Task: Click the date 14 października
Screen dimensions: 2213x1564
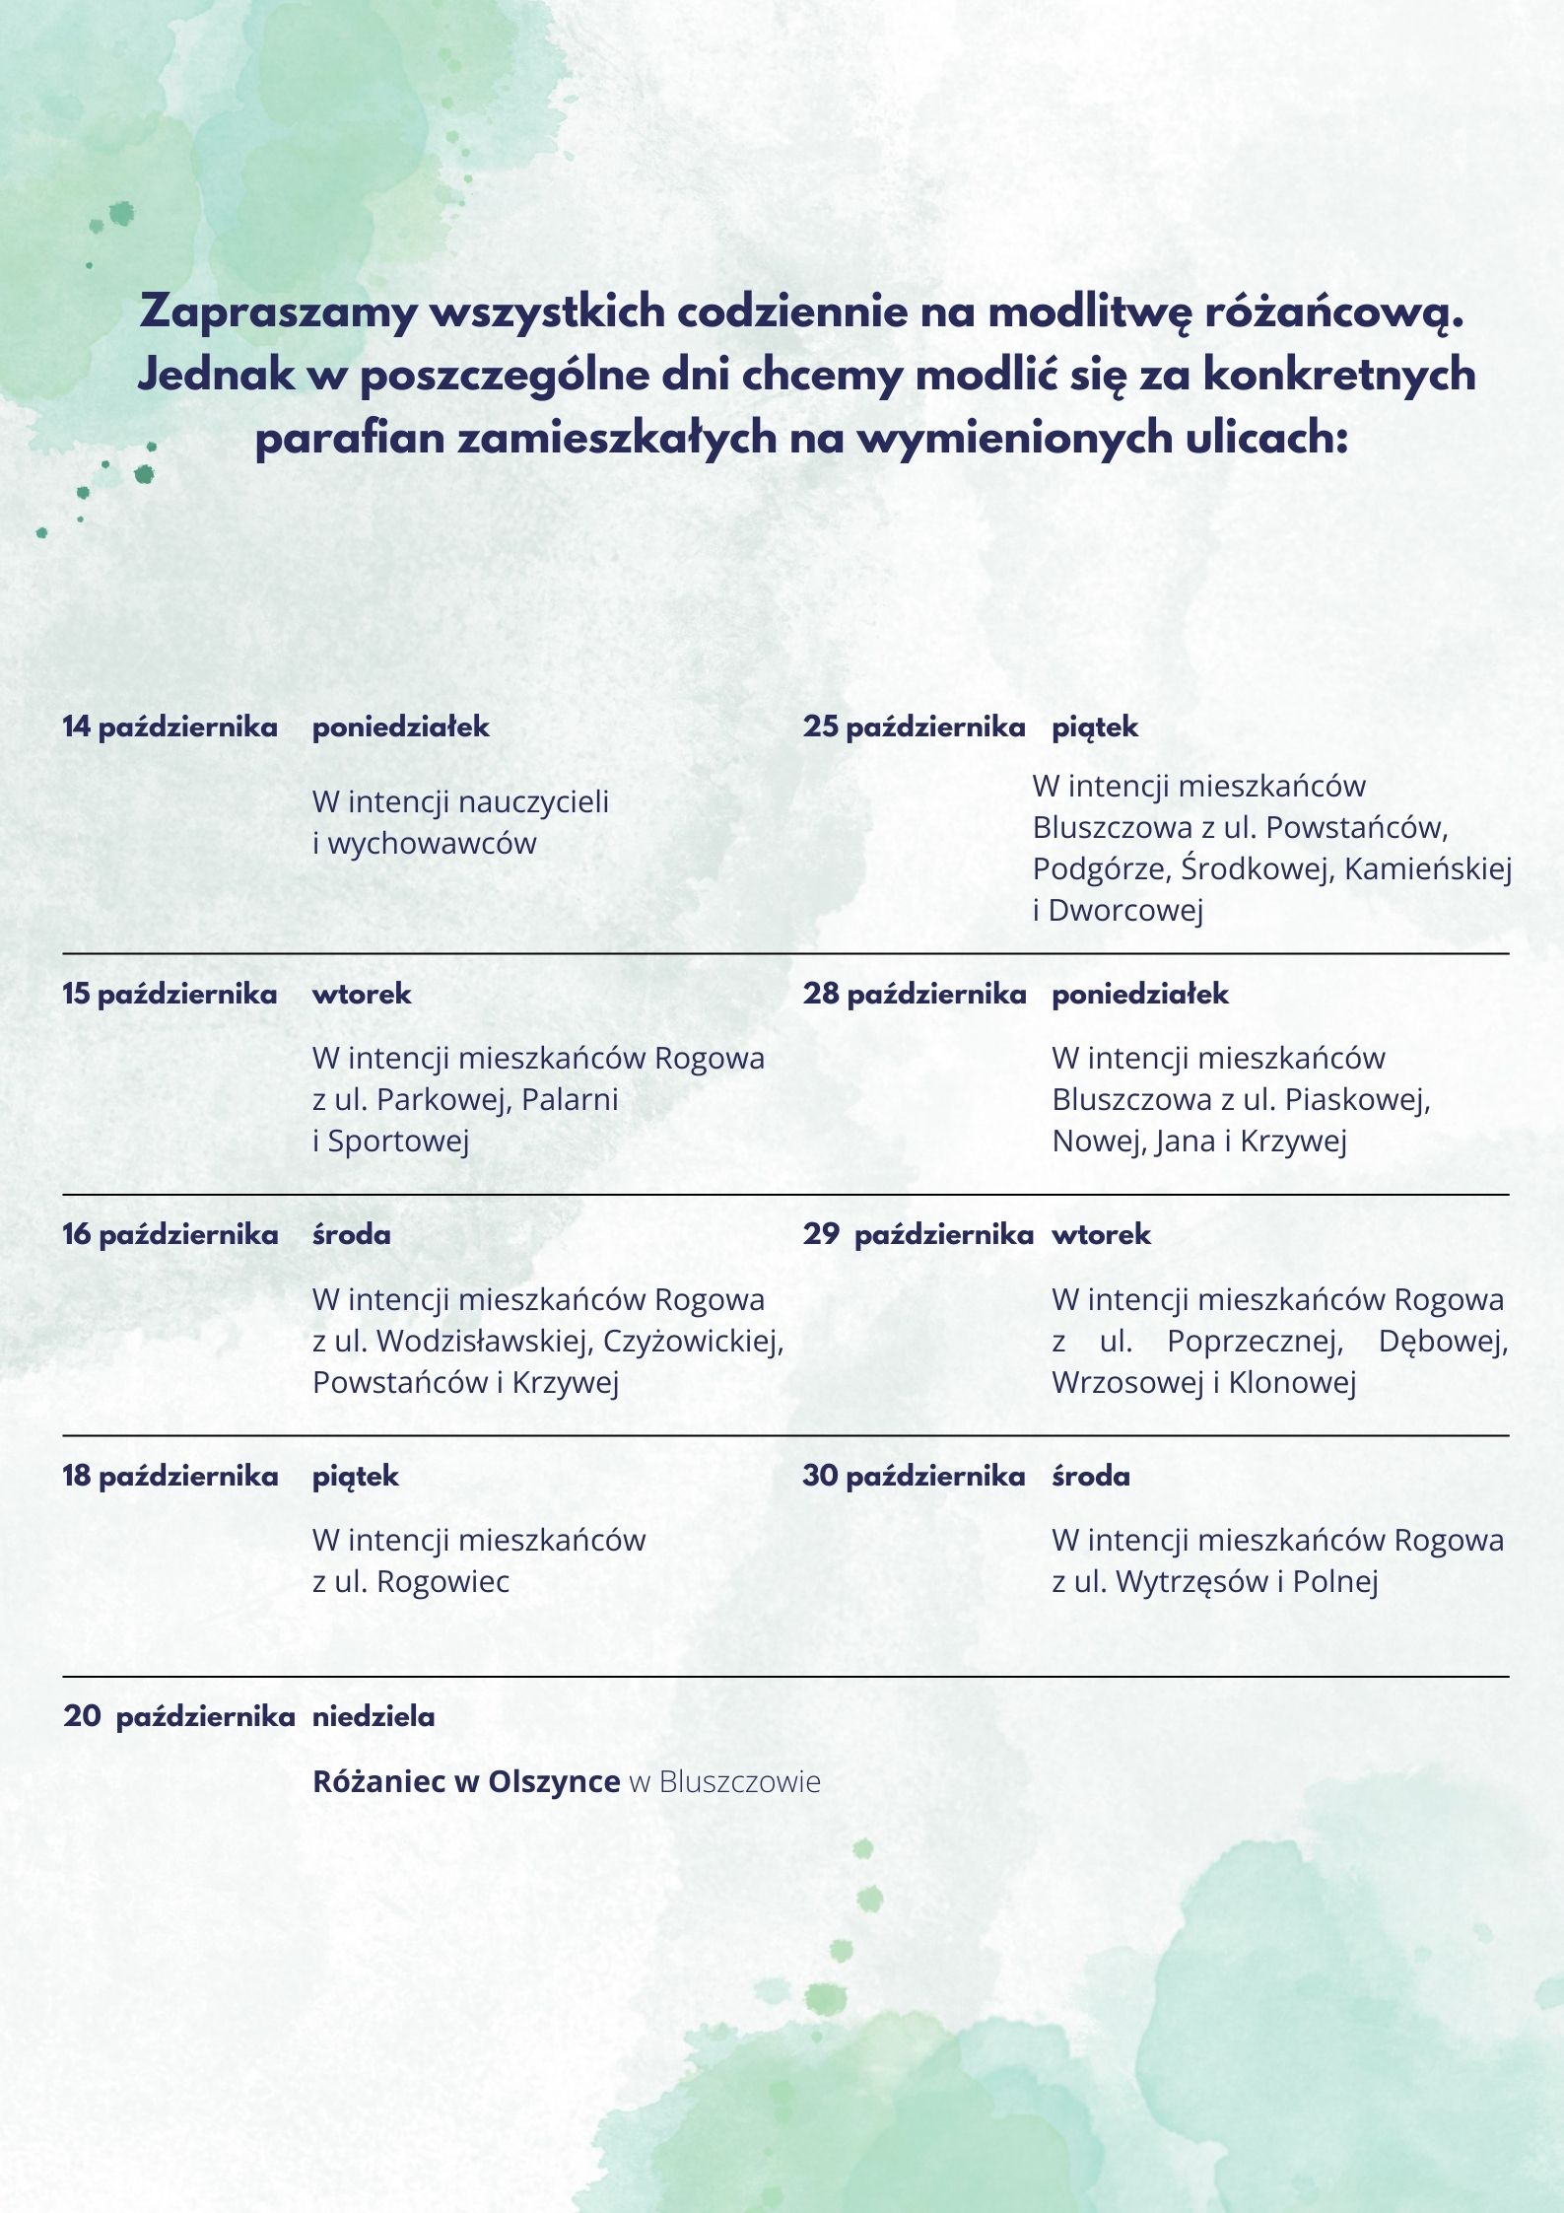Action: click(x=170, y=727)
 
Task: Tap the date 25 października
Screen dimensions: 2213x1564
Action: click(x=914, y=727)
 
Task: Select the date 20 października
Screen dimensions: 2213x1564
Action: click(x=178, y=1717)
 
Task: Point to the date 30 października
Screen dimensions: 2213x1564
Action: click(x=914, y=1476)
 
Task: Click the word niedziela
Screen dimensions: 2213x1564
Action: click(x=374, y=1717)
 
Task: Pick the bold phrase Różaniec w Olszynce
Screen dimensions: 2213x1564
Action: click(x=466, y=1781)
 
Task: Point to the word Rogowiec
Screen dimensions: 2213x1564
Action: click(x=442, y=1581)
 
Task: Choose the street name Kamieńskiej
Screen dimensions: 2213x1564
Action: click(x=1428, y=868)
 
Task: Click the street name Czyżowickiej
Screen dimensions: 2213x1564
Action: click(x=693, y=1341)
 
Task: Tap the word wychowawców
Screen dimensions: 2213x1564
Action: click(x=432, y=844)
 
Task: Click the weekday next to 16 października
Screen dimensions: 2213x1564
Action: click(x=352, y=1234)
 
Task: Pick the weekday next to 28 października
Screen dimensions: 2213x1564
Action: click(x=1140, y=994)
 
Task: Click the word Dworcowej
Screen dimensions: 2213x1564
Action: click(x=1125, y=910)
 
